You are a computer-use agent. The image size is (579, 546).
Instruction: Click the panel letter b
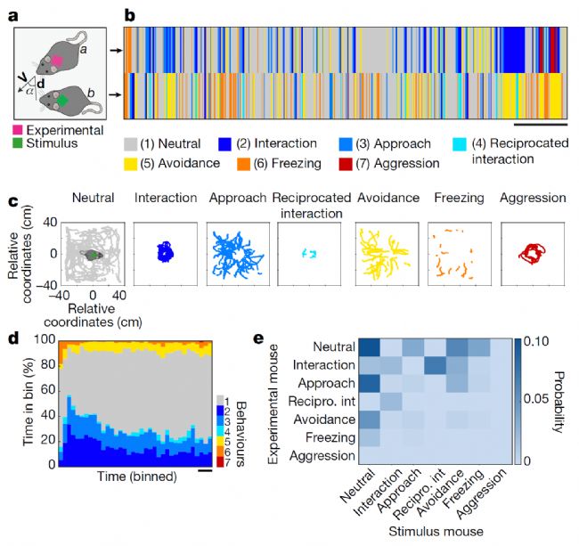pos(129,15)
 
